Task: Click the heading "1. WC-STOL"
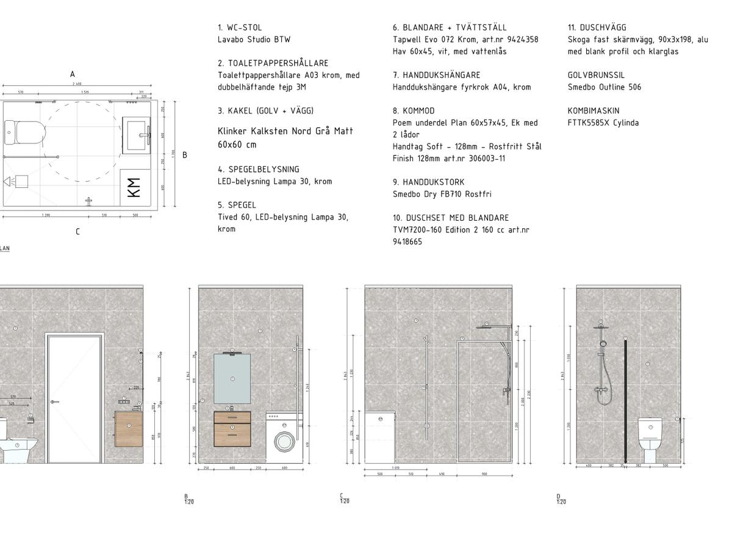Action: click(x=240, y=27)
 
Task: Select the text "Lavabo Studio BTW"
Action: click(x=254, y=40)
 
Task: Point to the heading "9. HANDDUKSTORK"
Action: click(x=428, y=182)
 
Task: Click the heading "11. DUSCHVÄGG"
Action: click(x=597, y=27)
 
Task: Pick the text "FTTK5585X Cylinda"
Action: click(x=603, y=123)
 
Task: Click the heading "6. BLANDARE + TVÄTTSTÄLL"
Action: click(x=450, y=27)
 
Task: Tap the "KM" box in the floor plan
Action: click(x=135, y=187)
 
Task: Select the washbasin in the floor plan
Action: click(x=137, y=134)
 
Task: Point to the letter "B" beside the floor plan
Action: click(x=185, y=155)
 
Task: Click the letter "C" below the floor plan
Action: click(x=77, y=232)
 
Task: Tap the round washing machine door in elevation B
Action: click(x=285, y=440)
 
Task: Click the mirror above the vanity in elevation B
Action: click(x=232, y=379)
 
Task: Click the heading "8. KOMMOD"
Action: click(x=414, y=111)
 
